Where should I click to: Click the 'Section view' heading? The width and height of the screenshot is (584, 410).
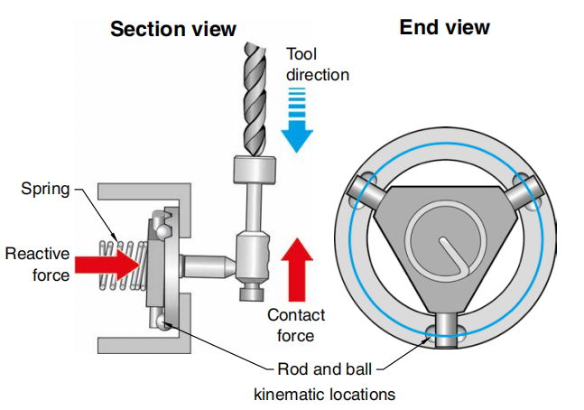[x=173, y=29]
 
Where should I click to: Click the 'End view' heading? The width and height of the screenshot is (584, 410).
[x=445, y=27]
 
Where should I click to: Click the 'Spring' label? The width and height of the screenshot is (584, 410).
[x=45, y=190]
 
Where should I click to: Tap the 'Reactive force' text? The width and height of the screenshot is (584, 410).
[x=38, y=264]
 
